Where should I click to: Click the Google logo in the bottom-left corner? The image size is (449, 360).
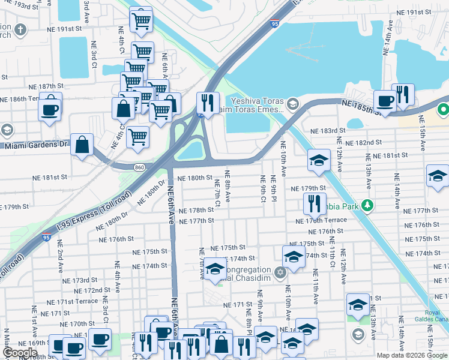(x=20, y=353)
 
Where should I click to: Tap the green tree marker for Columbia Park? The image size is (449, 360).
(x=367, y=206)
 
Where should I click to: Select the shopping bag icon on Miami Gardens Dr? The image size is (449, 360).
(x=82, y=145)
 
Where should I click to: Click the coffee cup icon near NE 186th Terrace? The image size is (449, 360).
(x=50, y=109)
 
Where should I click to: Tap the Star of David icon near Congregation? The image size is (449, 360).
(x=280, y=274)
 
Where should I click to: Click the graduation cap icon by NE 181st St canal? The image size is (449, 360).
(x=319, y=160)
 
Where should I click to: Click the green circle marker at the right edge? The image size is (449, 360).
(x=443, y=110)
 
